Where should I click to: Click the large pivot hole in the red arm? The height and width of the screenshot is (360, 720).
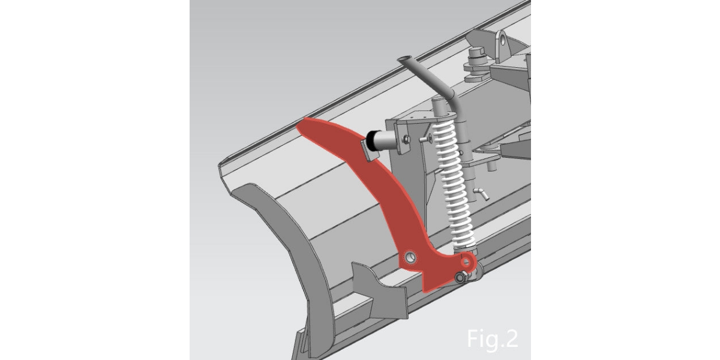[410, 257]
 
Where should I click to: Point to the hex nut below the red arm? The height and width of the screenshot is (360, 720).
[461, 277]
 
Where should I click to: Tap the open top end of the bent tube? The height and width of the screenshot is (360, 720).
[404, 59]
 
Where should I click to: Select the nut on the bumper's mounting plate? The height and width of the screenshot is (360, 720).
[407, 139]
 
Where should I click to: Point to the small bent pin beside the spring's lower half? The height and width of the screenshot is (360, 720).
[482, 193]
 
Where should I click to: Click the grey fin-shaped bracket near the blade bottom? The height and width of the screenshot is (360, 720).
[379, 290]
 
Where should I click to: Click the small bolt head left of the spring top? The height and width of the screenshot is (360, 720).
[425, 139]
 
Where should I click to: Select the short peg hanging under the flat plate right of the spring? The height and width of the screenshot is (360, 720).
[490, 167]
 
